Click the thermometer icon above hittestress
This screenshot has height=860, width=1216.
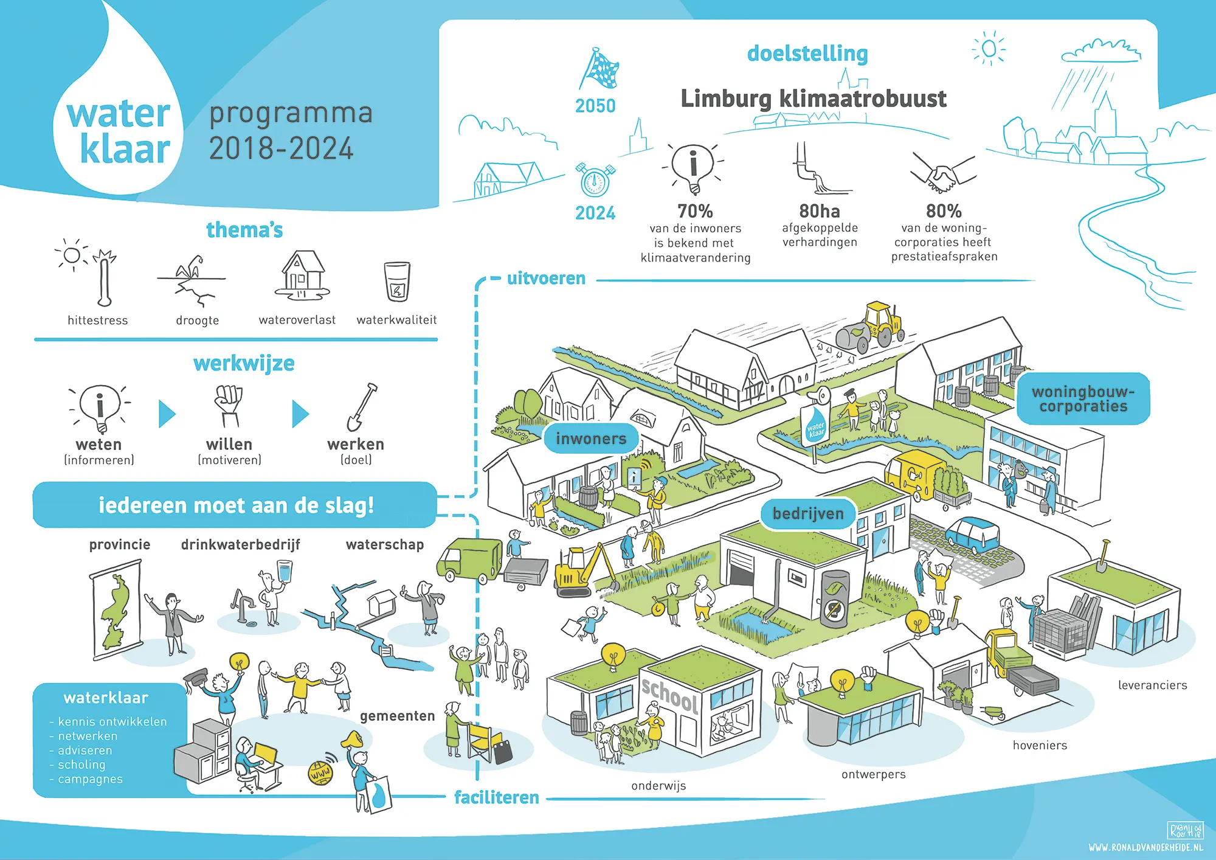[105, 279]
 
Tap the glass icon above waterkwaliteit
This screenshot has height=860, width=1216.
[397, 281]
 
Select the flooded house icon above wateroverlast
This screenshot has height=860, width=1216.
[302, 275]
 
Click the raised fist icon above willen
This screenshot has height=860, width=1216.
[229, 405]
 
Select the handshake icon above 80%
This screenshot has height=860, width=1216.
[943, 173]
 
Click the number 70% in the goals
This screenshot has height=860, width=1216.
[695, 211]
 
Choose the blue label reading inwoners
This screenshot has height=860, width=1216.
[591, 439]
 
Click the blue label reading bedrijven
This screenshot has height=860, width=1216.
[808, 514]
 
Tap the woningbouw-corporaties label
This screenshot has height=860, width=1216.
[1083, 399]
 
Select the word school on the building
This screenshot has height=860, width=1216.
[670, 695]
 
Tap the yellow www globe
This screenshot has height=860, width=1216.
[320, 773]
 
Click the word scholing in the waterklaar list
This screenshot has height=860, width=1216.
[81, 765]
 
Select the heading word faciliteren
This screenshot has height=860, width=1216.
[497, 797]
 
